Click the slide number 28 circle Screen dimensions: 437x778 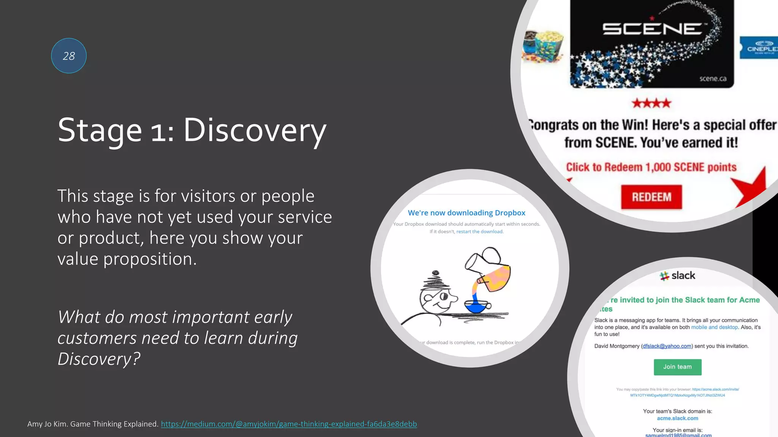pyautogui.click(x=69, y=56)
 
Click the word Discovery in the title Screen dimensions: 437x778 pyautogui.click(x=255, y=130)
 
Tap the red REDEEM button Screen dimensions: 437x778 pyautogui.click(x=651, y=197)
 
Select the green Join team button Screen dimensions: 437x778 pyautogui.click(x=677, y=367)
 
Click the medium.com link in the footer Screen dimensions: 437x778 pyautogui.click(x=289, y=424)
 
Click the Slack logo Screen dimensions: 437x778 pyautogui.click(x=677, y=276)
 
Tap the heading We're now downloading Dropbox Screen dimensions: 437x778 pyautogui.click(x=466, y=213)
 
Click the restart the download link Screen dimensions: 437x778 pyautogui.click(x=479, y=231)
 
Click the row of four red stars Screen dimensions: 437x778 pyautogui.click(x=651, y=103)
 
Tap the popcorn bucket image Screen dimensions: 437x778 pyautogui.click(x=543, y=46)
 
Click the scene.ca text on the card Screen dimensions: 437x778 pyautogui.click(x=713, y=79)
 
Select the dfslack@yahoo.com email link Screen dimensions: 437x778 pyautogui.click(x=667, y=346)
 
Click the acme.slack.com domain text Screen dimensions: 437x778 pyautogui.click(x=677, y=418)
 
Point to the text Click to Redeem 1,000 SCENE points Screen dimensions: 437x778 pyautogui.click(x=651, y=167)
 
